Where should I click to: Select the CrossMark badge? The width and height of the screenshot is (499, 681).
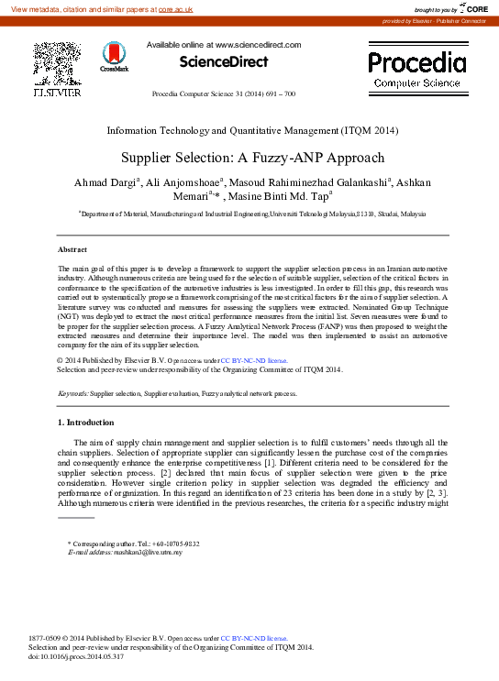(x=115, y=57)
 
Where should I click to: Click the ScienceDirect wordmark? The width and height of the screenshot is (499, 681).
(x=224, y=62)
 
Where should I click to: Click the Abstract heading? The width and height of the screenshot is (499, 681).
(x=72, y=249)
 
